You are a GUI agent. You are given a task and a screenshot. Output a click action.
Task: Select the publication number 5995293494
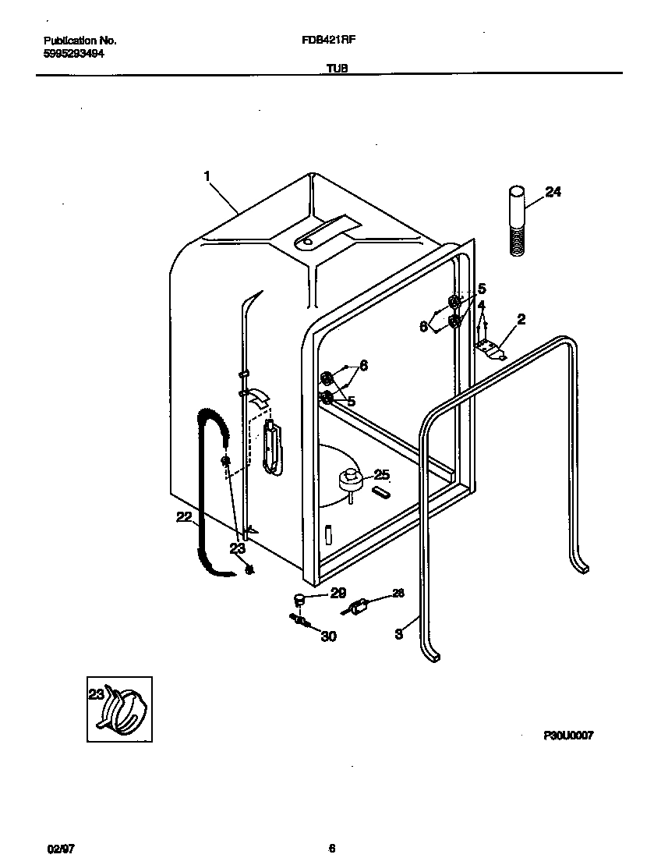pos(75,54)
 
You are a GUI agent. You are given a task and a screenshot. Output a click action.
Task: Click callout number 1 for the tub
pos(207,177)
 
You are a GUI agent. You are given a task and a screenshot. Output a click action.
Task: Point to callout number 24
pos(553,192)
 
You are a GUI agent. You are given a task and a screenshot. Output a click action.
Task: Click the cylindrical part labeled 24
pos(515,218)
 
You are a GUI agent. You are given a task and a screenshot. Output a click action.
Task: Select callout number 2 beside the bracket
pos(521,318)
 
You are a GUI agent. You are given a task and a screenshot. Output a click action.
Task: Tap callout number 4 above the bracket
pos(481,305)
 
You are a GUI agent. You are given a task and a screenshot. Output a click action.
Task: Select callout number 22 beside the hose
pos(183,516)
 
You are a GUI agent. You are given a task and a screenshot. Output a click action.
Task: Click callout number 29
pos(337,594)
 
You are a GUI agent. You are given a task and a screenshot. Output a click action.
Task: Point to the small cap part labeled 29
pos(298,599)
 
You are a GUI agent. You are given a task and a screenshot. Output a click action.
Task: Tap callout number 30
pos(328,636)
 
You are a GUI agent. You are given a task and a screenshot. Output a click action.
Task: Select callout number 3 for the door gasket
pos(398,634)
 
